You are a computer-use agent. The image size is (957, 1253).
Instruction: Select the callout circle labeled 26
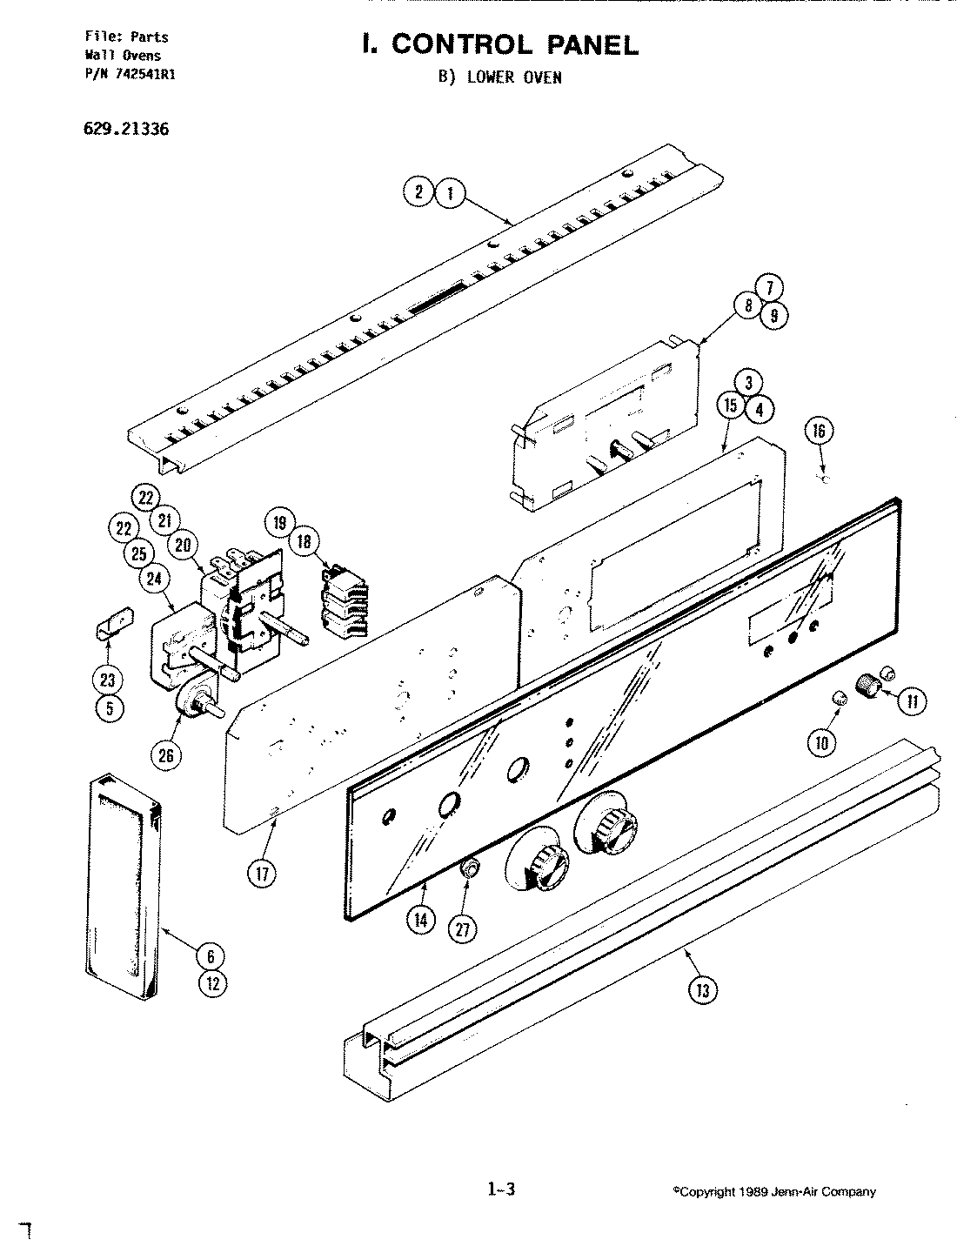(x=165, y=754)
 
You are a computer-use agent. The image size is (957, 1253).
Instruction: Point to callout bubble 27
(x=463, y=929)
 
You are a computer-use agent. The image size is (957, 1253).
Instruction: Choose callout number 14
(x=421, y=920)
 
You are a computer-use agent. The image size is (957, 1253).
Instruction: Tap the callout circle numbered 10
(x=821, y=741)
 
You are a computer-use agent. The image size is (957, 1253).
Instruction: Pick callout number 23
(x=110, y=680)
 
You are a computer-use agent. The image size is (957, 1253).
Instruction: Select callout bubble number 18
(x=304, y=541)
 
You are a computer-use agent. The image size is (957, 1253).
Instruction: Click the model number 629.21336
(x=115, y=130)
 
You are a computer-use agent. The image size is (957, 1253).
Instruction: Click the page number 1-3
(x=501, y=1189)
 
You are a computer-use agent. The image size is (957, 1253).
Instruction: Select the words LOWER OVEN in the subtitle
(x=514, y=77)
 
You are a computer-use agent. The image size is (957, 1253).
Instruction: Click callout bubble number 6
(x=211, y=956)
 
